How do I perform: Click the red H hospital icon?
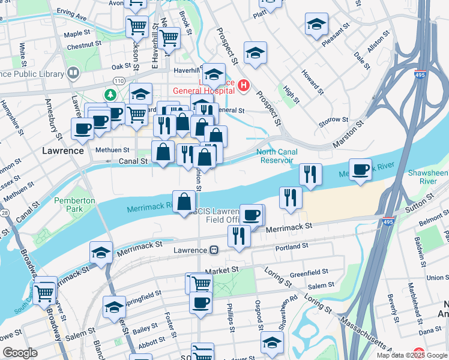243,86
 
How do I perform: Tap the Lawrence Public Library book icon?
73,73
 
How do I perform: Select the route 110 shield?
118,80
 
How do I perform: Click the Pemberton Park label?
74,205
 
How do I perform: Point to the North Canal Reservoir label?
277,156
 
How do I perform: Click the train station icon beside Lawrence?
213,250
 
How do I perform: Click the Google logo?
20,353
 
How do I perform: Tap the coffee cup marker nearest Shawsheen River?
360,169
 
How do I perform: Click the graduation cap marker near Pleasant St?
316,25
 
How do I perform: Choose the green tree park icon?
110,94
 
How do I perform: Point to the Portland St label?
292,246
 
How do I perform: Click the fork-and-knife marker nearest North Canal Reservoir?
310,175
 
